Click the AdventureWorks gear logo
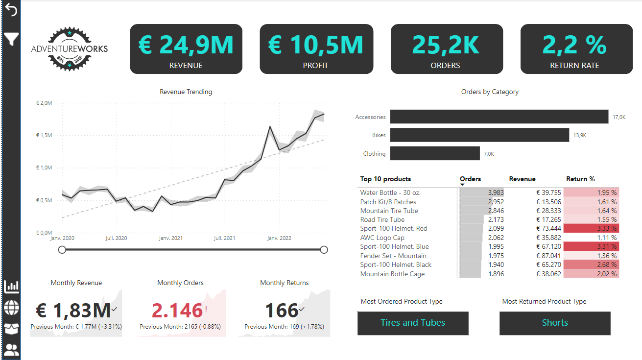69,49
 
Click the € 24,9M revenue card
186,49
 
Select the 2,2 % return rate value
575,45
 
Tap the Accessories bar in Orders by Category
499,117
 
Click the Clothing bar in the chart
435,154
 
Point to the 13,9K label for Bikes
579,135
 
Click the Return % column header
580,179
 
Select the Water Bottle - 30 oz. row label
390,192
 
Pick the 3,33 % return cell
591,228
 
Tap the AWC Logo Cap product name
382,238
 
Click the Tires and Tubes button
413,323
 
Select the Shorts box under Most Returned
555,323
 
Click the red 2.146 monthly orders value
177,311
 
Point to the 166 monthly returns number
282,311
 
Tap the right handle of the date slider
324,250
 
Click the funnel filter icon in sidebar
11,39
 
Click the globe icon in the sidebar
11,308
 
